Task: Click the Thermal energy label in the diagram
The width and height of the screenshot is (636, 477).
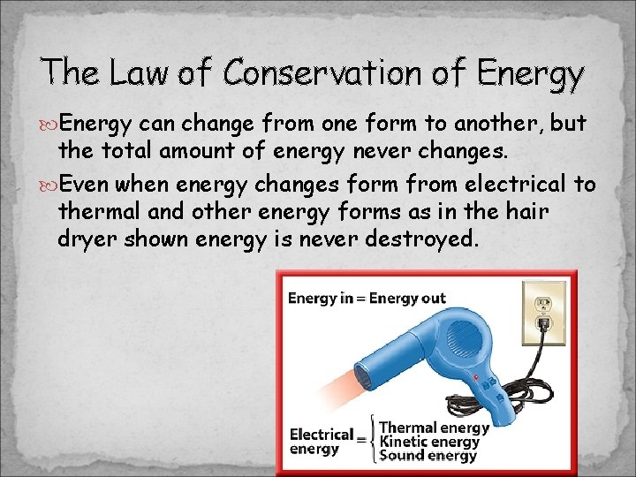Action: tap(434, 428)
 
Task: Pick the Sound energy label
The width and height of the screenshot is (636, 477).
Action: tap(428, 456)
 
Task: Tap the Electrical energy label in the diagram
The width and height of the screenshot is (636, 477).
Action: tap(322, 442)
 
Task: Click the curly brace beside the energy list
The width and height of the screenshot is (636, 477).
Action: tap(372, 442)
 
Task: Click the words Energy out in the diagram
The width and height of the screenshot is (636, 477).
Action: tap(407, 299)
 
